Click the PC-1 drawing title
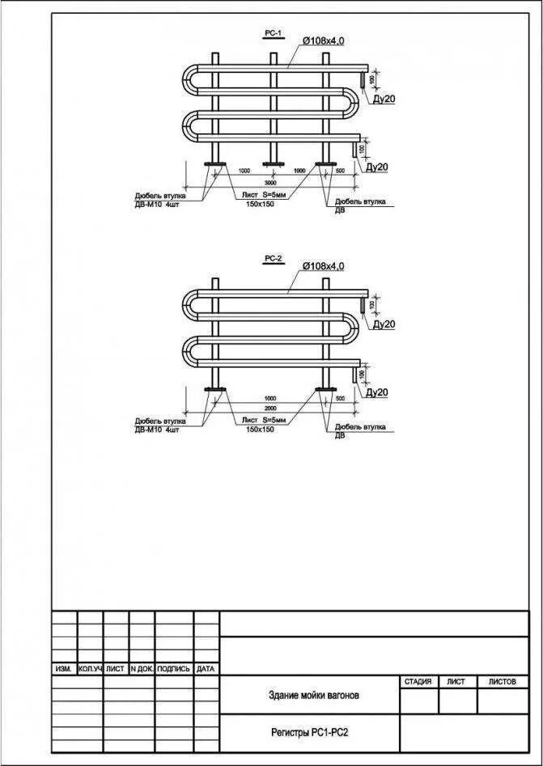pos(273,33)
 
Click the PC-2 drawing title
pos(273,259)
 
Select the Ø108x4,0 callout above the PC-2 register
pos(323,265)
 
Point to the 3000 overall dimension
pos(270,184)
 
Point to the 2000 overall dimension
pos(270,408)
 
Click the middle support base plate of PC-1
pos(271,166)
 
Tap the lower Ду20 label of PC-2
pos(377,392)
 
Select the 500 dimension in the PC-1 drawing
pos(339,171)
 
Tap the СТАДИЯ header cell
pos(417,682)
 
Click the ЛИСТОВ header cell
pos(502,682)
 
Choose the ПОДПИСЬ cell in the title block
pos(173,669)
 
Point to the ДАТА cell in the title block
pos(206,669)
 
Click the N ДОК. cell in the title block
pos(141,669)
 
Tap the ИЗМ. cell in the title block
pos(64,669)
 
